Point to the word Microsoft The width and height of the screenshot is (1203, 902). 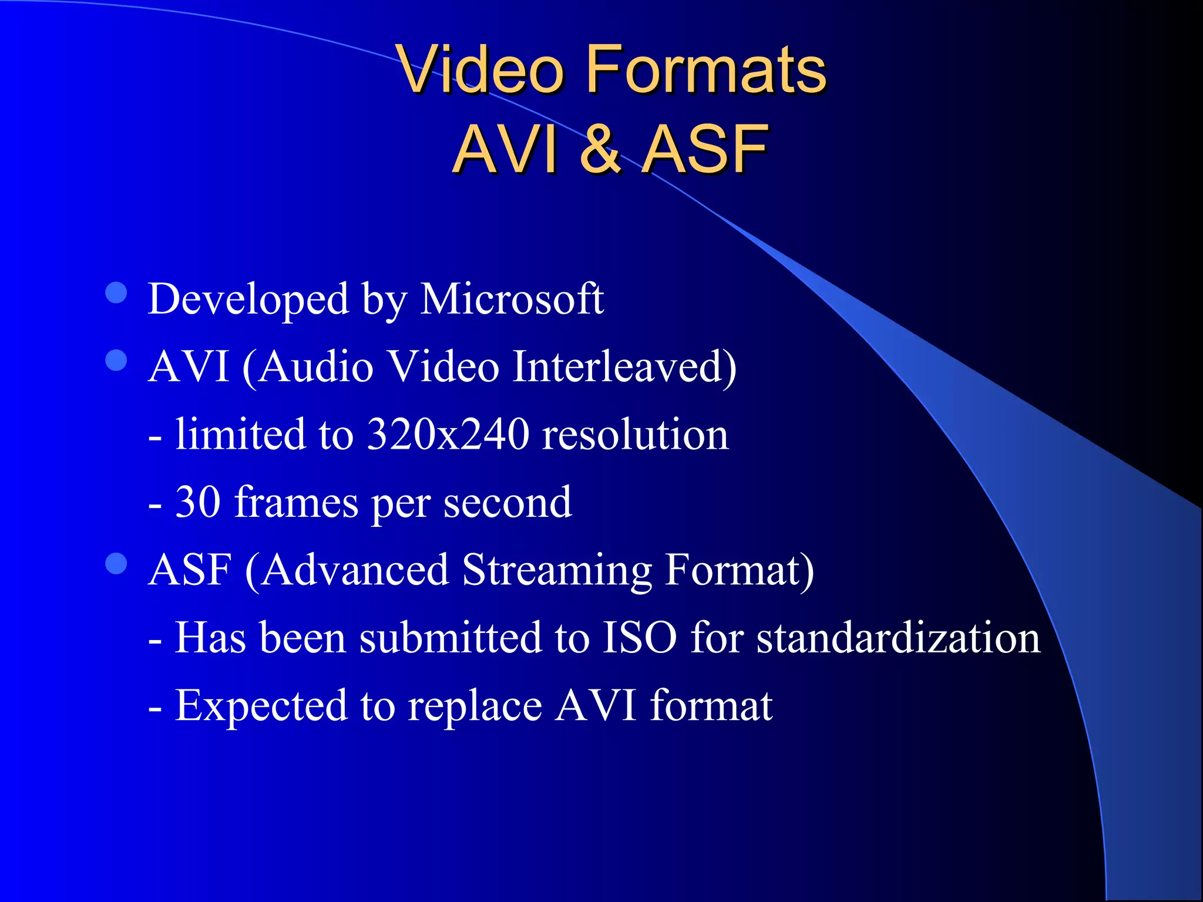click(x=512, y=299)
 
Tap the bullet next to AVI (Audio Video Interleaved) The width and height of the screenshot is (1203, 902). click(x=116, y=360)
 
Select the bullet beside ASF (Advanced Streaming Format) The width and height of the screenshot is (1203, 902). click(x=116, y=563)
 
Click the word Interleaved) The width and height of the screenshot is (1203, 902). click(x=624, y=367)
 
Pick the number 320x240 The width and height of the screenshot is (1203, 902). click(x=448, y=435)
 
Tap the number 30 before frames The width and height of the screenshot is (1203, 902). click(x=198, y=502)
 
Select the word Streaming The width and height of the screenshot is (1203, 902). click(x=556, y=571)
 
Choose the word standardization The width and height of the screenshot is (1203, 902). click(x=898, y=638)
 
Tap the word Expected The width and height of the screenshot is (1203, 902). click(x=261, y=706)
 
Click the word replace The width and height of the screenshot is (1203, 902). click(x=475, y=706)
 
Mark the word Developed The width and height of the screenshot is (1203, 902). click(x=248, y=299)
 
